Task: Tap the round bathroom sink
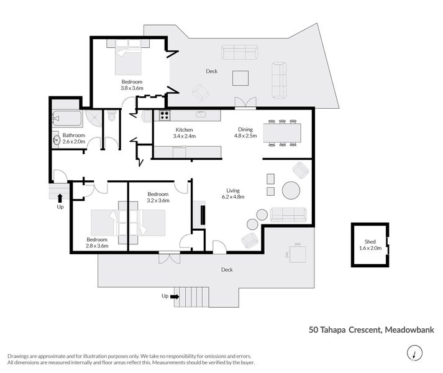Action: pos(57,139)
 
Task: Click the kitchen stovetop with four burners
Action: pos(165,114)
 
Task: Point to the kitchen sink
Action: pos(201,114)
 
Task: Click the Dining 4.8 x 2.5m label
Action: pos(244,132)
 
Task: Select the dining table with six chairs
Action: pos(282,132)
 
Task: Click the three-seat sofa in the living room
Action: pos(288,214)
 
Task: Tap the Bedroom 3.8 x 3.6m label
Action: pos(132,85)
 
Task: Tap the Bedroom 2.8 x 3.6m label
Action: pos(97,242)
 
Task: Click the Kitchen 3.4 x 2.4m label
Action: pos(185,132)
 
